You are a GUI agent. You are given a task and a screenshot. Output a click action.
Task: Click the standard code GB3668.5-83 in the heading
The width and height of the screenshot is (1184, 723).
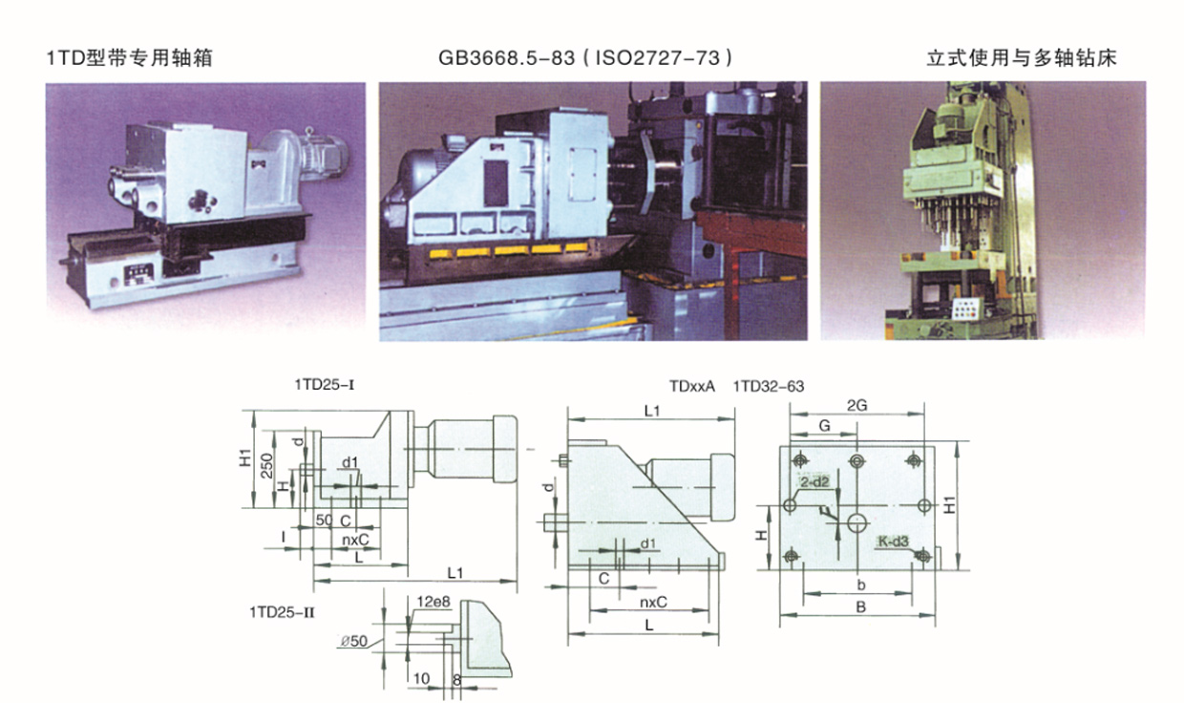(506, 57)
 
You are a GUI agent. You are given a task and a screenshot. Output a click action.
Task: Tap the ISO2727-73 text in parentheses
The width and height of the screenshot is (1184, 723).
(658, 57)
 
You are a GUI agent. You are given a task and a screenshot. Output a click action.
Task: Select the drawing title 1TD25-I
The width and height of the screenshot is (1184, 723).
(324, 385)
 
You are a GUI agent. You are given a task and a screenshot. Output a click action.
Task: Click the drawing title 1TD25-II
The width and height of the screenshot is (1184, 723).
(282, 612)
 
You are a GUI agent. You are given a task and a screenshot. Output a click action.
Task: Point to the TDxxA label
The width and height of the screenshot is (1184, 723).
(692, 387)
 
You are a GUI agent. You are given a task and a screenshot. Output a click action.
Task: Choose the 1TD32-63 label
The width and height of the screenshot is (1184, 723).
(768, 387)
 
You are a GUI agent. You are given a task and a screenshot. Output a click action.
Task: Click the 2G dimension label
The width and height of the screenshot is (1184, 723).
(856, 406)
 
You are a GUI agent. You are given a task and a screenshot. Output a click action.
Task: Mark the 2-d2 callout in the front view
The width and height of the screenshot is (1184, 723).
(814, 481)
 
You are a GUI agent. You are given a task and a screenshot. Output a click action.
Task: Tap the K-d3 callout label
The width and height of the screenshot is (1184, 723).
(893, 542)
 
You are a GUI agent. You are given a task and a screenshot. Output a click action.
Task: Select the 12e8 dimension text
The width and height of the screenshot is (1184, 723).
(433, 602)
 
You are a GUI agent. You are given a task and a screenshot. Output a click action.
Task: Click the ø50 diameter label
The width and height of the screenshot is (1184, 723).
(353, 641)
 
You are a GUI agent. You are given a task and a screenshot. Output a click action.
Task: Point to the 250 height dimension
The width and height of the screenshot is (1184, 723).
(267, 465)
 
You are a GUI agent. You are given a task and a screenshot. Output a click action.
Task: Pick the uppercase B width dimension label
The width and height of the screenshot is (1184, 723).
(861, 607)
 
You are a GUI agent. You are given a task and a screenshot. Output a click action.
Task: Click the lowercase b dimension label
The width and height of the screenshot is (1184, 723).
(861, 585)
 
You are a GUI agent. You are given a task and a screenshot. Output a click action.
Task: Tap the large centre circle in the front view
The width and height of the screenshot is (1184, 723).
(856, 523)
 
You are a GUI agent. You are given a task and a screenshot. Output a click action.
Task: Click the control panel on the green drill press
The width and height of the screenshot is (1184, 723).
(965, 308)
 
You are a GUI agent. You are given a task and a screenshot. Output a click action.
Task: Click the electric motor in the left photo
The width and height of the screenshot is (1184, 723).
(324, 151)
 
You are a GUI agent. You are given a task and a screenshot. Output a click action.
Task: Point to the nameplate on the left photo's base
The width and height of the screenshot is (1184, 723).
(138, 274)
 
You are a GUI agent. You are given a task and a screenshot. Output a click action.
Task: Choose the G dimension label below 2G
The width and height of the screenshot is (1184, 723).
(824, 426)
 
